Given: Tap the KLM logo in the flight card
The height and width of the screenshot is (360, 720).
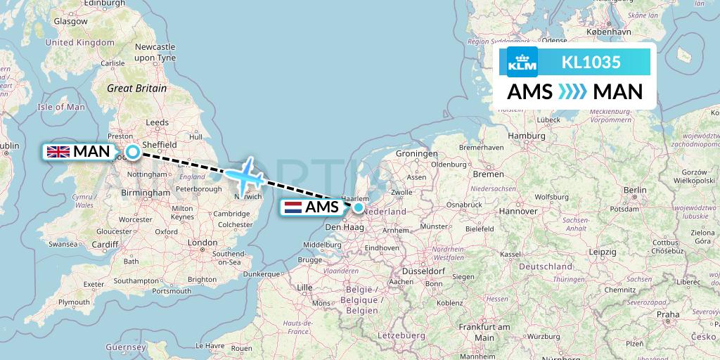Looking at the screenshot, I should [522, 63].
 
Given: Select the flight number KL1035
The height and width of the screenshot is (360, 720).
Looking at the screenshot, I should [591, 63].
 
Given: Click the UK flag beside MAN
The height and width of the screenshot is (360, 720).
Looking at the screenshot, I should [58, 151].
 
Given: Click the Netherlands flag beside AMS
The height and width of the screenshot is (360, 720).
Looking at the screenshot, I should [292, 207].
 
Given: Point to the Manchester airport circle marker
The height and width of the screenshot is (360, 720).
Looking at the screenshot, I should [132, 151].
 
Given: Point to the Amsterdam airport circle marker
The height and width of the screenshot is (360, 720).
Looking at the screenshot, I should [359, 207].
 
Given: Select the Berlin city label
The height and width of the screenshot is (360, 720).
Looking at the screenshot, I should [634, 189].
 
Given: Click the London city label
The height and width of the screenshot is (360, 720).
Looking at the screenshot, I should [202, 243].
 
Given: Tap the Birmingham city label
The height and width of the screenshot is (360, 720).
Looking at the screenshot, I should [147, 192].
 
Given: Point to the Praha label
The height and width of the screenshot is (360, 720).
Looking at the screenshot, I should [668, 314].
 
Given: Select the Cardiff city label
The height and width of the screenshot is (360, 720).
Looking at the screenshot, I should [105, 244].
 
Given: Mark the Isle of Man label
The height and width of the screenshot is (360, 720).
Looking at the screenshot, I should [60, 107].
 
